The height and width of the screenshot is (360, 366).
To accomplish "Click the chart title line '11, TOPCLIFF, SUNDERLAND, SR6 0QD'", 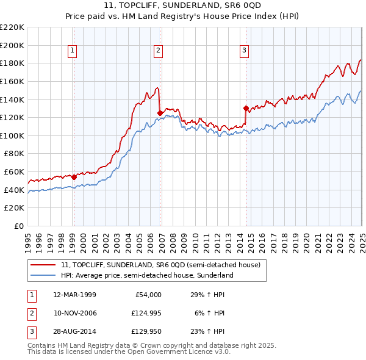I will tap(182, 7).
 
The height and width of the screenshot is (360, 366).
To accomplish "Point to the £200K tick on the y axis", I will tap(12, 45).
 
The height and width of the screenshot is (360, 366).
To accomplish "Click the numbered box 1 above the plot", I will tap(73, 51).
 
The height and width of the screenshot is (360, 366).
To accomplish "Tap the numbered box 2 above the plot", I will tap(158, 51).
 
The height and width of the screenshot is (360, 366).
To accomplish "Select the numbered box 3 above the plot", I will tap(244, 51).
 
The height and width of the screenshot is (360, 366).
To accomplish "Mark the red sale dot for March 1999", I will tap(74, 177).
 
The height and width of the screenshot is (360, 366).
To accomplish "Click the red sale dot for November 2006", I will tap(160, 113).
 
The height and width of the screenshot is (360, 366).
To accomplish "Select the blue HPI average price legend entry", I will tap(147, 275).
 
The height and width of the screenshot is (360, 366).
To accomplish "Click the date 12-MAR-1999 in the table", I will tap(74, 295).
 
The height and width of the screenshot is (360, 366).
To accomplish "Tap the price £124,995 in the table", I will tap(144, 313).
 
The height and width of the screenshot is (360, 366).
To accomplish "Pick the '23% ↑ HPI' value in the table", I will tap(207, 331).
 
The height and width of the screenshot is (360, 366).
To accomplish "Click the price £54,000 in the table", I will tap(146, 295).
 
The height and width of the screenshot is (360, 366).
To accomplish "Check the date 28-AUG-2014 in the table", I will tap(74, 331).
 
